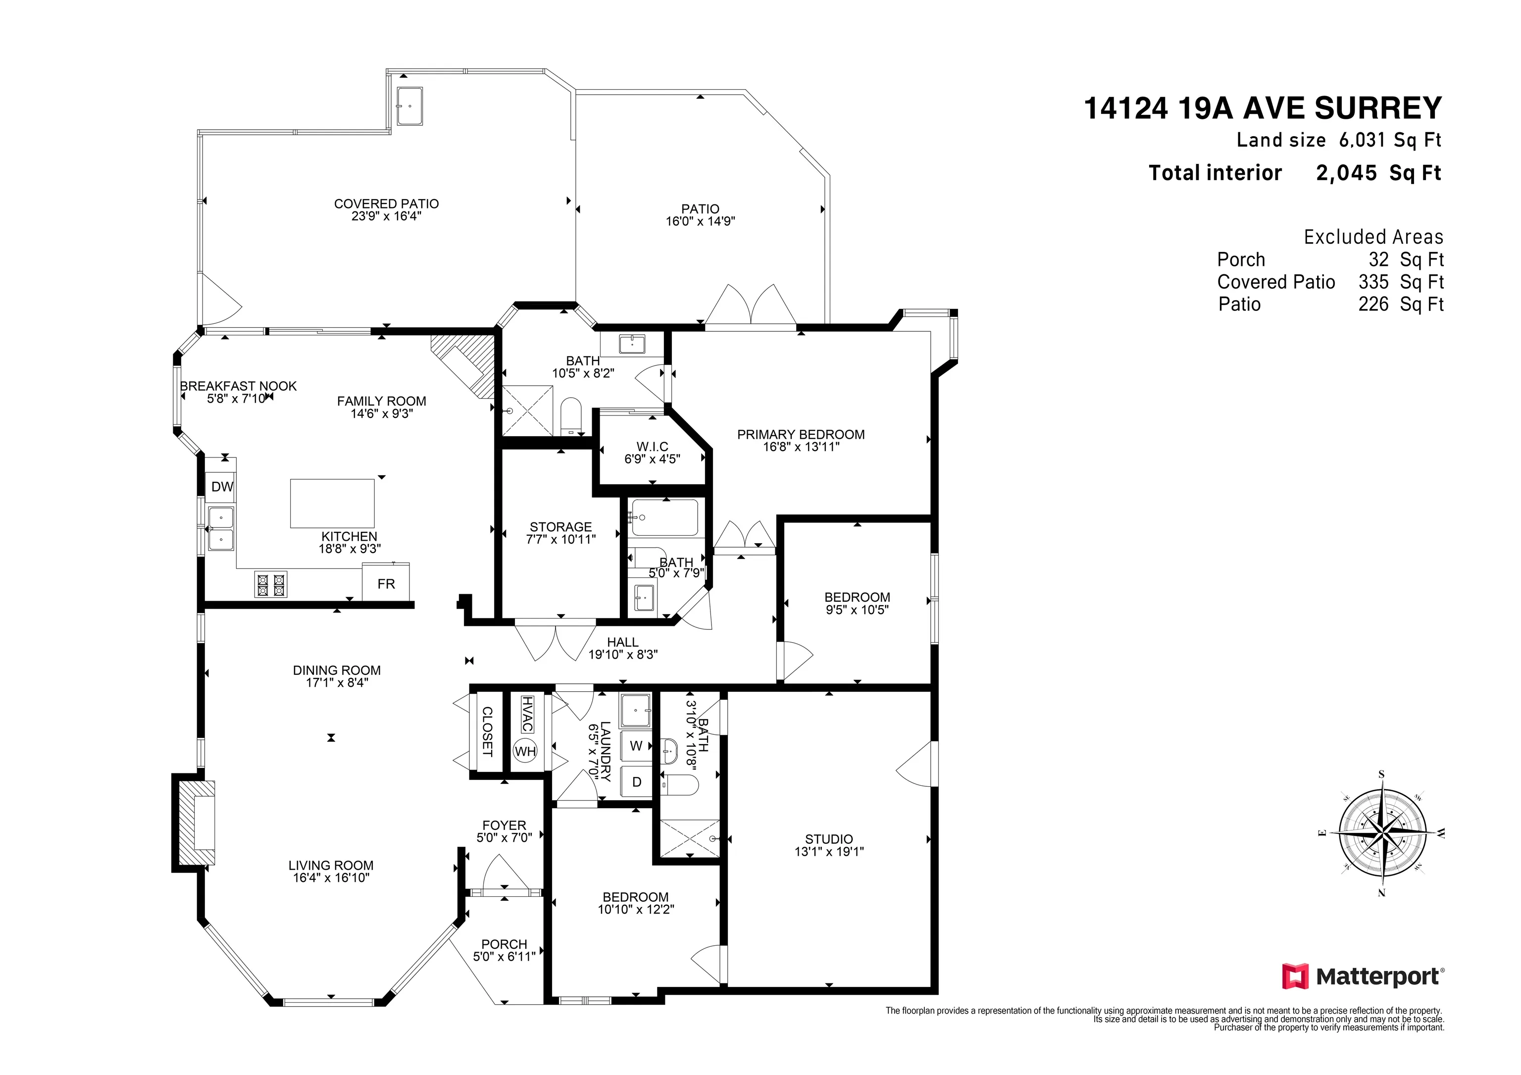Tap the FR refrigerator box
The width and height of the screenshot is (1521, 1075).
pyautogui.click(x=386, y=583)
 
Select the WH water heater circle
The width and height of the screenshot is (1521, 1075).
pyautogui.click(x=525, y=751)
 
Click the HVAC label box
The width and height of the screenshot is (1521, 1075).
pyautogui.click(x=527, y=714)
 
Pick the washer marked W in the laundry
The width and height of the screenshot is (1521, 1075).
pyautogui.click(x=636, y=746)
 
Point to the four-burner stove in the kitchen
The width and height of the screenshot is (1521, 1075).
pyautogui.click(x=271, y=584)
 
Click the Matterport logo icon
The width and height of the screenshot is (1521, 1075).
pyautogui.click(x=1295, y=976)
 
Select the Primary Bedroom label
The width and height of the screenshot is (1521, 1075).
pyautogui.click(x=801, y=434)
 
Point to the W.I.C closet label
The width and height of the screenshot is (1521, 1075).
pyautogui.click(x=653, y=447)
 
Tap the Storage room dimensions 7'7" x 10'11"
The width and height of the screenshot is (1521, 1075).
pyautogui.click(x=560, y=540)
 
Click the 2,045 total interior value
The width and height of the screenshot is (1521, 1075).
pyautogui.click(x=1346, y=173)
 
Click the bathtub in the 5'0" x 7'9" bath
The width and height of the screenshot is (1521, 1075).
pyautogui.click(x=664, y=517)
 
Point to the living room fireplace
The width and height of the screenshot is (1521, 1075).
pyautogui.click(x=195, y=822)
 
